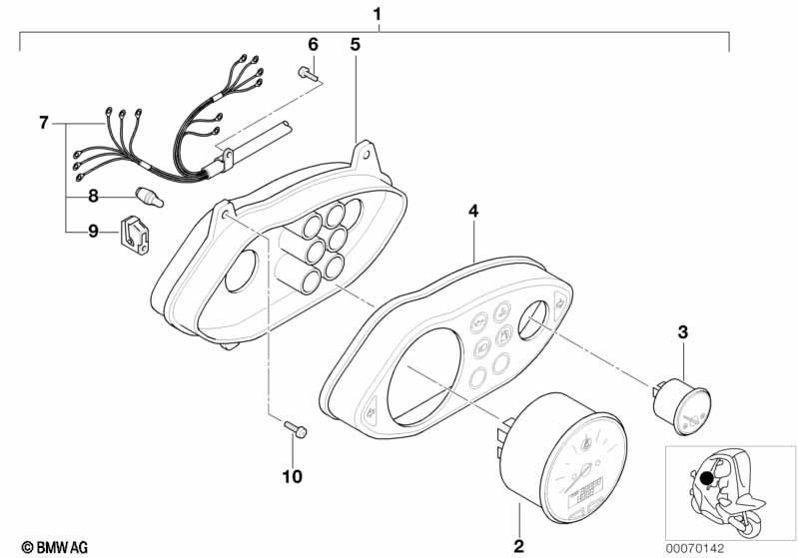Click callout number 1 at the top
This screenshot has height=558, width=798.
coord(377,14)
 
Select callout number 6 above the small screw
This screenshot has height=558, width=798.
coord(313,45)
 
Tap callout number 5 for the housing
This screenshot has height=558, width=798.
coord(355,45)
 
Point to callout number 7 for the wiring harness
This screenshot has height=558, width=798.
coord(44,123)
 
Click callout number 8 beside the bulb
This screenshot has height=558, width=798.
coord(93,196)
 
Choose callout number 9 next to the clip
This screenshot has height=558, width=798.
coord(93,232)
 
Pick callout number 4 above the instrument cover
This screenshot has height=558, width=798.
coord(473,211)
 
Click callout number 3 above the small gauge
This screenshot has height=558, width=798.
coord(682,332)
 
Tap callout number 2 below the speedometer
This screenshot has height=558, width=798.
coord(518,546)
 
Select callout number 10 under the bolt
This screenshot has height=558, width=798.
coord(293,476)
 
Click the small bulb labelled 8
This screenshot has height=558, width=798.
coord(149,197)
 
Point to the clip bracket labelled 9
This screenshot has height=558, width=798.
coord(135,235)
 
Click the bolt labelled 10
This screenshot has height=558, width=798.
coord(296,429)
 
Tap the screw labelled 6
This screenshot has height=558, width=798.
coord(307,74)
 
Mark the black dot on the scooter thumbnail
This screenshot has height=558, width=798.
coord(706,478)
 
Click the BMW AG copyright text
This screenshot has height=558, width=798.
coord(55,547)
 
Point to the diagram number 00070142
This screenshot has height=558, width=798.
coord(695,548)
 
